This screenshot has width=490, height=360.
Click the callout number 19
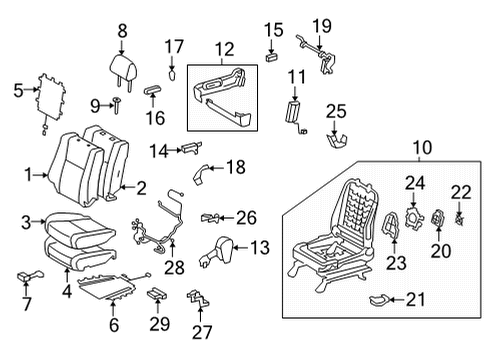coord(320,24)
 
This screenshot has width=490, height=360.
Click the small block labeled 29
coord(158,294)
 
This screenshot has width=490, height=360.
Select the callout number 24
coord(413,182)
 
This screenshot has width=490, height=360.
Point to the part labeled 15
coord(271,58)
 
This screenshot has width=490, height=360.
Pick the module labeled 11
coord(295,109)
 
